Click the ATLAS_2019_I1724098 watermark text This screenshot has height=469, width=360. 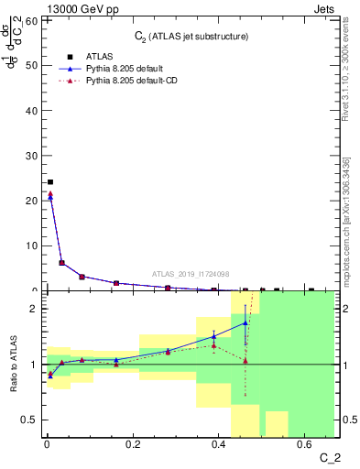coord(191,273)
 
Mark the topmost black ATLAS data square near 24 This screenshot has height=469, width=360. coord(49,182)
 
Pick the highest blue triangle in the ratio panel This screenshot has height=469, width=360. coord(245,322)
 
